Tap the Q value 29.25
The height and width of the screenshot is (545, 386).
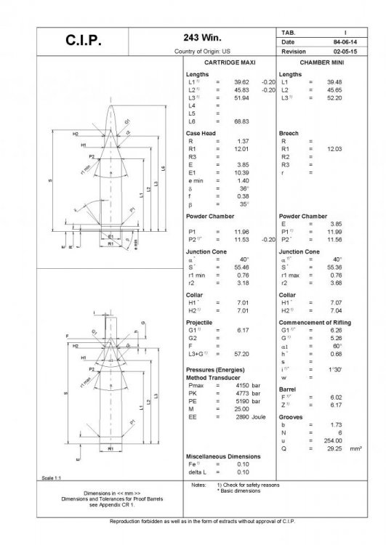coord(335,449)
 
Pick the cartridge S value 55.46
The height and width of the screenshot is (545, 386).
coord(242,269)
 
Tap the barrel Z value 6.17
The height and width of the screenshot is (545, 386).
coord(337,405)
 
